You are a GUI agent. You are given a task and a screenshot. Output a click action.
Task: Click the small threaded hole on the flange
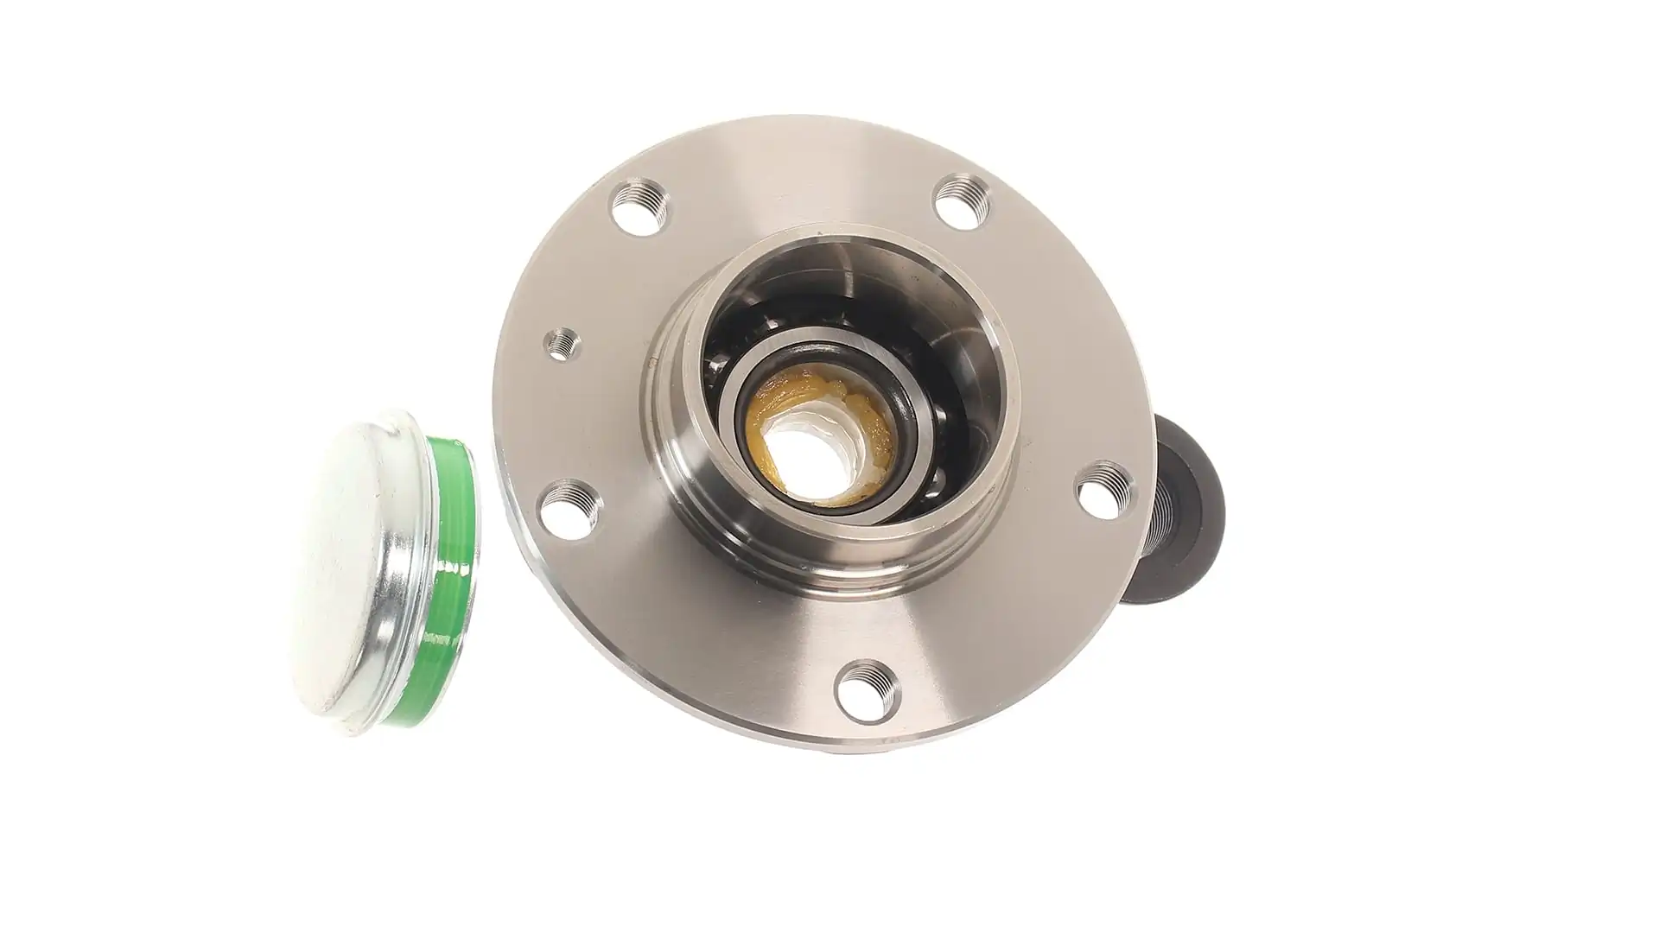561,344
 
